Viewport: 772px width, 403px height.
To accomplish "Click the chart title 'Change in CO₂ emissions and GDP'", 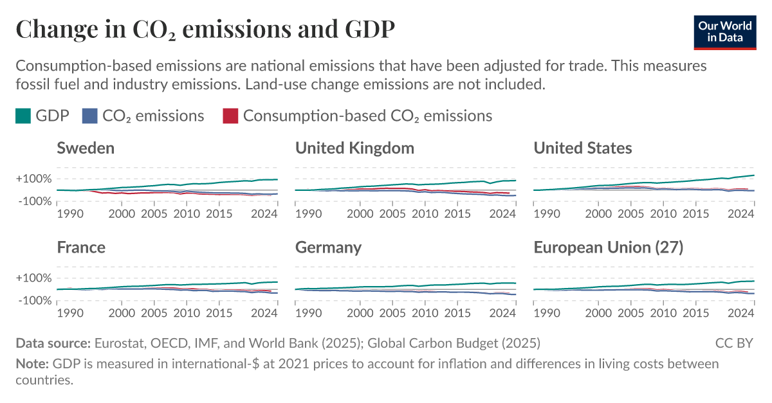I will pyautogui.click(x=205, y=29).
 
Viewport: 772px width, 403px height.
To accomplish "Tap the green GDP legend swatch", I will pyautogui.click(x=23, y=116).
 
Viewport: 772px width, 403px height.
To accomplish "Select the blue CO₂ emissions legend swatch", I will pyautogui.click(x=89, y=116).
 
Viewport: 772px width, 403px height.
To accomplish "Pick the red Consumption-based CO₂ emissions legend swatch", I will pyautogui.click(x=230, y=116).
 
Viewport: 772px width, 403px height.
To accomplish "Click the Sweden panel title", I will pyautogui.click(x=86, y=148).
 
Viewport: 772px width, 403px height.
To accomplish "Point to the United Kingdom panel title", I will pyautogui.click(x=354, y=148).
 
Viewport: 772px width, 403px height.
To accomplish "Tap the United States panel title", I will pyautogui.click(x=583, y=148).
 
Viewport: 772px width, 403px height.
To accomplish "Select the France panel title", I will pyautogui.click(x=81, y=247).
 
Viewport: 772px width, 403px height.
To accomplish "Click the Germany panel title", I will pyautogui.click(x=328, y=247).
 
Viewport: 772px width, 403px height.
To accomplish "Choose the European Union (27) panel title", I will pyautogui.click(x=609, y=247).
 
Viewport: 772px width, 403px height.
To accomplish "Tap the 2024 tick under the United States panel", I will pyautogui.click(x=742, y=214).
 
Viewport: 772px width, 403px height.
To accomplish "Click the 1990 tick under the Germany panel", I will pyautogui.click(x=308, y=313).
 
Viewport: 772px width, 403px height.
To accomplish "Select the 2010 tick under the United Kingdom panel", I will pyautogui.click(x=425, y=214).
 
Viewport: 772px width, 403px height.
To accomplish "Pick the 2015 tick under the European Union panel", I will pyautogui.click(x=696, y=313).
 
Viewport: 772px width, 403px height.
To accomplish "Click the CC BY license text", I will pyautogui.click(x=733, y=343).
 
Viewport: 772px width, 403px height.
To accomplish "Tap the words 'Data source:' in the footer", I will pyautogui.click(x=53, y=343).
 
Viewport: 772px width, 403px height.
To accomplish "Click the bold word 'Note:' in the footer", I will pyautogui.click(x=32, y=364).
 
